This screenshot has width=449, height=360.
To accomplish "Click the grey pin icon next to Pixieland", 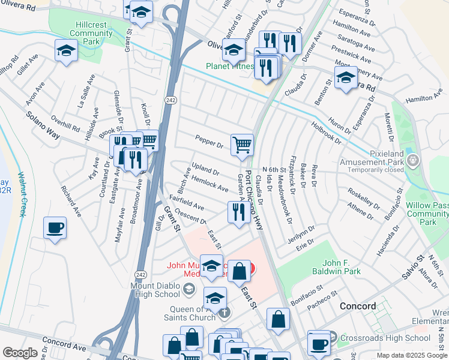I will (412, 160).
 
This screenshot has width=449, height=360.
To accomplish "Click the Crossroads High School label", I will (384, 338).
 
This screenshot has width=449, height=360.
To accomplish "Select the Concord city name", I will (358, 306).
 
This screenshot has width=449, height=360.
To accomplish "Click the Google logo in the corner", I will (20, 353).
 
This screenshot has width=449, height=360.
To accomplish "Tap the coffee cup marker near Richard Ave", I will (55, 229).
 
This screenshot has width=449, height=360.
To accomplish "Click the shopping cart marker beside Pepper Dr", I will (242, 145).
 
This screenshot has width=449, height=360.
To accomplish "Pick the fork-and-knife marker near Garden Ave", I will (239, 212).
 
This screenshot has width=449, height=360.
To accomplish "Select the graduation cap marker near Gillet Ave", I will (66, 51).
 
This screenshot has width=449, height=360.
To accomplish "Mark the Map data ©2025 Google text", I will (411, 355).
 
